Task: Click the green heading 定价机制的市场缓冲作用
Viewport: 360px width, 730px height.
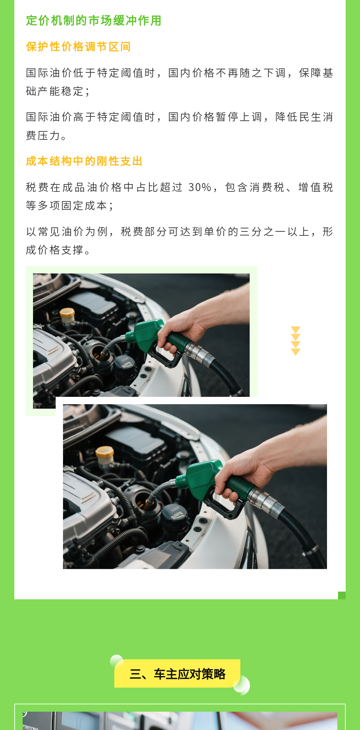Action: pos(94,21)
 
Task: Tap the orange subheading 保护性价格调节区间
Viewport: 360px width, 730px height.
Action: pos(78,47)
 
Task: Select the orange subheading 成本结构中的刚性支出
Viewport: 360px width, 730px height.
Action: pos(84,161)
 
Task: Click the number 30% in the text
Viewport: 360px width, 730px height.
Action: pos(200,187)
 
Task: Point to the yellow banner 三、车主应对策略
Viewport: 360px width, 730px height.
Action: pos(177,674)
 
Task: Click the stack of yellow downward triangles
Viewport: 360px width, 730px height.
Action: pos(296,341)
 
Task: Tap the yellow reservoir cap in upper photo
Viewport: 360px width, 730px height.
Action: pos(67,312)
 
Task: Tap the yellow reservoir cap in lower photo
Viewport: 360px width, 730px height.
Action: pos(105,452)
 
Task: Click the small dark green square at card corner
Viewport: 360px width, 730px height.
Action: pos(342,595)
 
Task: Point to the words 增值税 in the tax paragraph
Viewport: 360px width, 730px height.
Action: pos(316,187)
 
